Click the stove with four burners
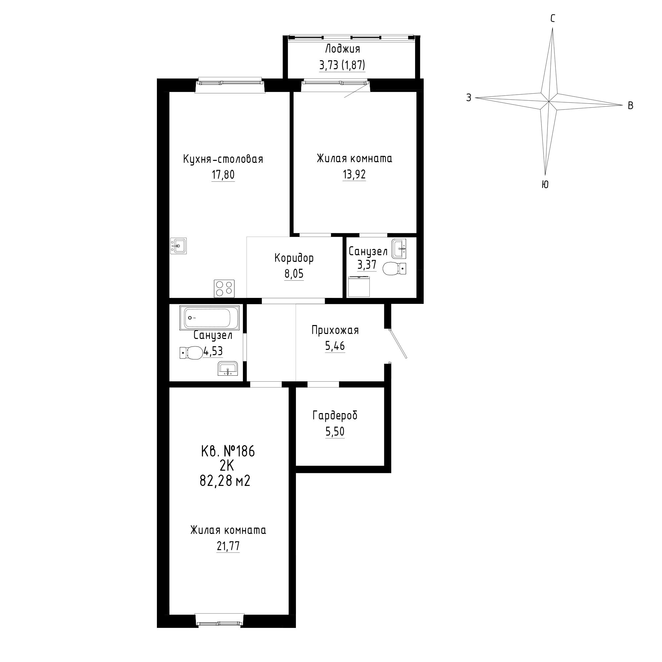(x=224, y=288)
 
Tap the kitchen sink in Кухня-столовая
(x=178, y=246)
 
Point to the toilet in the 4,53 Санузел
(x=191, y=353)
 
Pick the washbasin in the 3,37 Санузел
(x=399, y=249)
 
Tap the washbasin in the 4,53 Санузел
(x=227, y=368)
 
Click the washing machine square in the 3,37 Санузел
(x=359, y=286)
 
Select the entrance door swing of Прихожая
(x=398, y=344)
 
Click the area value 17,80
(x=223, y=175)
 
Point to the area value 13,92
(x=354, y=175)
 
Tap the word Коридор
(x=294, y=259)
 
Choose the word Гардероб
(x=335, y=416)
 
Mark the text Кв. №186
(x=228, y=451)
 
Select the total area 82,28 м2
(x=225, y=481)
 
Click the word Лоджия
(x=343, y=49)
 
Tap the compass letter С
(x=553, y=19)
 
